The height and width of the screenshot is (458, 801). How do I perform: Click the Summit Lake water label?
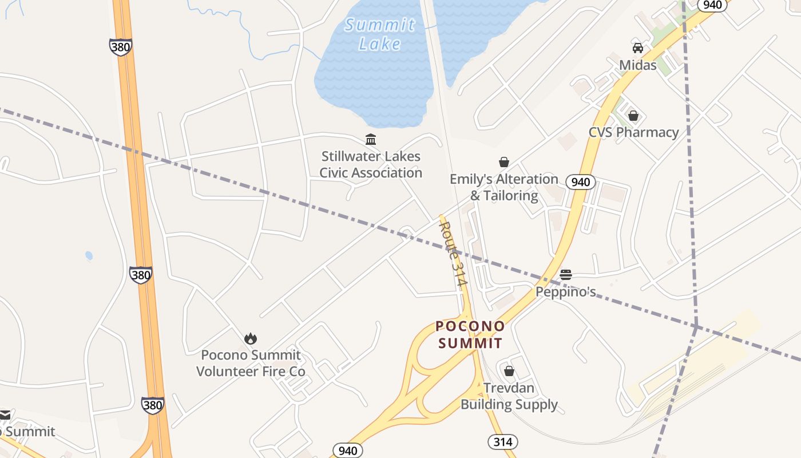point(380,34)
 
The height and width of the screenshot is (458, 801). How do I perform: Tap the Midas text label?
point(637,65)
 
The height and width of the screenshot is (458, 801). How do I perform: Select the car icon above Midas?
point(637,48)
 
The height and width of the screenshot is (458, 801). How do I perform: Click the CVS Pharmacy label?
point(633,132)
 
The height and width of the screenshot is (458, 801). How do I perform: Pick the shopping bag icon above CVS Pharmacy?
point(633,116)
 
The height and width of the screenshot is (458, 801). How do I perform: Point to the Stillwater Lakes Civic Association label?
point(371,164)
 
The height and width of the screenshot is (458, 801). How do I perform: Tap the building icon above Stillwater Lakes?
point(371,139)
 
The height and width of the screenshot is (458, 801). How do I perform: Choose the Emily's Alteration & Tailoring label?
point(504,187)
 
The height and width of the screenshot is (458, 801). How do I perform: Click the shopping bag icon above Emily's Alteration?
point(504,162)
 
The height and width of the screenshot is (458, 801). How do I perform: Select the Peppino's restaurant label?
point(565,292)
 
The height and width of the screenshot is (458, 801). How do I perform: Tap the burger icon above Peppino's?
point(565,275)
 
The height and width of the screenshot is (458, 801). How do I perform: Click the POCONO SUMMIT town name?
point(470,335)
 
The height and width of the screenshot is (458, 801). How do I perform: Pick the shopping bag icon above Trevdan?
point(509,370)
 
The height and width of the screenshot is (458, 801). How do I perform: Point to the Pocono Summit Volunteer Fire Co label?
point(251,364)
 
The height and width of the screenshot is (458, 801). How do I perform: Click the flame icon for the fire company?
point(251,338)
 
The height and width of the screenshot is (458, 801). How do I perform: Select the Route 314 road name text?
point(454,254)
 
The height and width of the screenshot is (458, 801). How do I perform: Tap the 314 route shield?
point(503,441)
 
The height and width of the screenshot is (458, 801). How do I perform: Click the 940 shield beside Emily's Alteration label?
point(581,182)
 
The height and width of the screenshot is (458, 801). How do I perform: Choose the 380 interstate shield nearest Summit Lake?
point(121,47)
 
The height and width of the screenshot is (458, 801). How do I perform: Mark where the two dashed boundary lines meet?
point(696,327)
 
